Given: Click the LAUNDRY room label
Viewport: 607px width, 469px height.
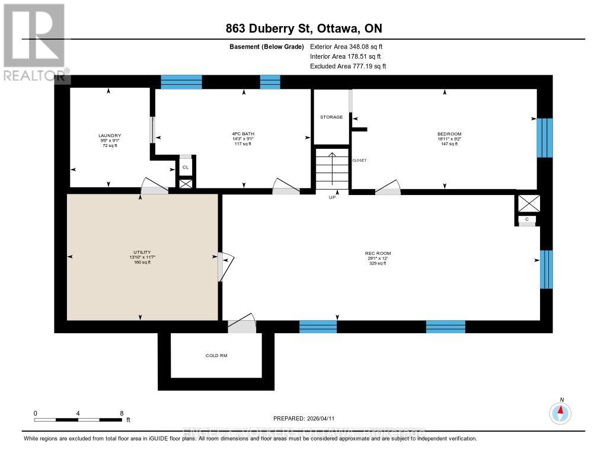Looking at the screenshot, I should [109, 135].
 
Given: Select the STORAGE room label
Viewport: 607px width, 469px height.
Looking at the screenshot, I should [331, 117].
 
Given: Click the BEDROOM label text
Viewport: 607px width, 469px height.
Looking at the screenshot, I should [449, 134].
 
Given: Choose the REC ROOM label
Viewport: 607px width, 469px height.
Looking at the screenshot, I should [378, 253].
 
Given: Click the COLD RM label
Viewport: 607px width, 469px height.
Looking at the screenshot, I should [216, 356].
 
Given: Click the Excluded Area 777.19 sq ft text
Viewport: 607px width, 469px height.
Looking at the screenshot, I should [347, 66].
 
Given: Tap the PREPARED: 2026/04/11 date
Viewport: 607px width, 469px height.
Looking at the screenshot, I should [308, 418].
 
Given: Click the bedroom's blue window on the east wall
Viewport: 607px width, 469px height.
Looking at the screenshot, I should [544, 138].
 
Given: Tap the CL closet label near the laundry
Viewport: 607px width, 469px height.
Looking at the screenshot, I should [186, 167].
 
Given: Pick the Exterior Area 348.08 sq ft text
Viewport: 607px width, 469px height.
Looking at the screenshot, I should [347, 46].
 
